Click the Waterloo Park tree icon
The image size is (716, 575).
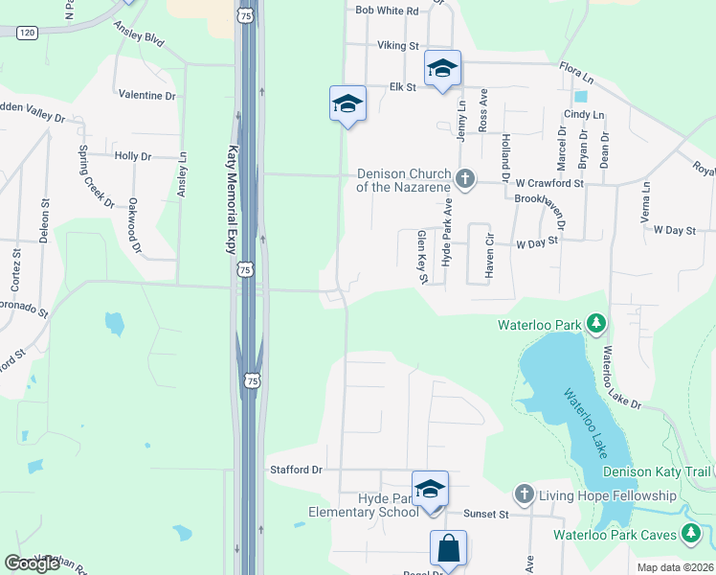(x=596, y=324)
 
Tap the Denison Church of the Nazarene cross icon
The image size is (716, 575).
(x=465, y=178)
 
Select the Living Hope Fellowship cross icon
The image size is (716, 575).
(x=524, y=494)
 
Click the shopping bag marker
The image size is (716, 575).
(x=448, y=549)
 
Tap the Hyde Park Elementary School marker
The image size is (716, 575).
(x=430, y=490)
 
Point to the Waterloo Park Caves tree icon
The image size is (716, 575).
(x=691, y=534)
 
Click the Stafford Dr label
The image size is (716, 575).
(x=297, y=470)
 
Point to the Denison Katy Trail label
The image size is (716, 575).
(x=658, y=471)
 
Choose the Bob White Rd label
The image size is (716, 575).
(x=387, y=11)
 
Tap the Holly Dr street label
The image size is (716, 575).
(x=133, y=156)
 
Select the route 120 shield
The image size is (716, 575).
(x=27, y=33)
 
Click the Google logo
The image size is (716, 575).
(x=33, y=563)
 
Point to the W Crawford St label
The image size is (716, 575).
(x=549, y=182)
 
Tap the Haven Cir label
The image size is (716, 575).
(x=489, y=252)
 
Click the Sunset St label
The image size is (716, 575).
(x=484, y=515)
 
